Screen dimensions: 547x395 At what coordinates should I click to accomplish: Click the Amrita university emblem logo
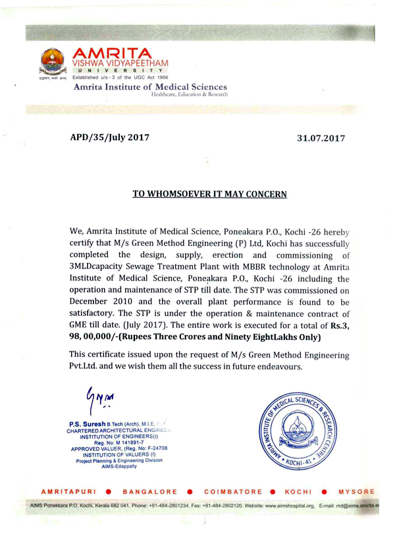point(55,63)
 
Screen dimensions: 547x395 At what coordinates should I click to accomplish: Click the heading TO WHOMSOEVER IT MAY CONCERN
point(209,194)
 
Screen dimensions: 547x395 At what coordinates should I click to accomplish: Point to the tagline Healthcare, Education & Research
point(190,95)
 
